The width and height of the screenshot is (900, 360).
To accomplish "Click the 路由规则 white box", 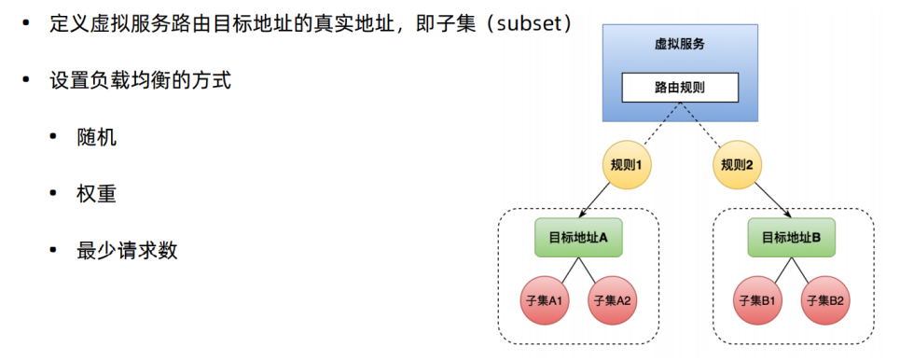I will [x=680, y=89].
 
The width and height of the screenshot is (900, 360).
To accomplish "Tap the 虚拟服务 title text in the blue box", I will [x=680, y=44].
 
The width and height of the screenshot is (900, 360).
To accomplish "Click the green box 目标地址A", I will [x=578, y=238].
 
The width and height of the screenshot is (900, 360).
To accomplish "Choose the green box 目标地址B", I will [x=791, y=238].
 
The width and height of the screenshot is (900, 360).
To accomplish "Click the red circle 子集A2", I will [x=612, y=300].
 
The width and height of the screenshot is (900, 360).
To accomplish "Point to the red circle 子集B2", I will [x=825, y=300].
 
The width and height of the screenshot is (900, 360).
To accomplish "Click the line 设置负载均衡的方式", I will [x=140, y=80].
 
